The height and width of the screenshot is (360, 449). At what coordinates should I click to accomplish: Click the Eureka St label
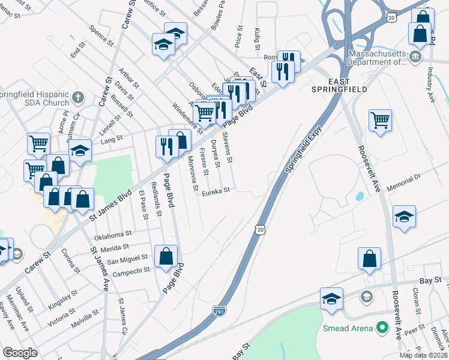[215, 191]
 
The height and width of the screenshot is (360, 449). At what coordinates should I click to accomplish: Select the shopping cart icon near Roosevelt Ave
[380, 120]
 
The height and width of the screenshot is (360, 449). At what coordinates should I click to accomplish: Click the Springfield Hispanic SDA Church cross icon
[77, 97]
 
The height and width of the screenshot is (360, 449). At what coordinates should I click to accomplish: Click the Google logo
[20, 352]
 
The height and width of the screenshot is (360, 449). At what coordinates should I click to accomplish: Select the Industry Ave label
[431, 84]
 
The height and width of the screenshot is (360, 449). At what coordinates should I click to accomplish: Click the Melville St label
[83, 315]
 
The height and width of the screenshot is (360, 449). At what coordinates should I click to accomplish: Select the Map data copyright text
[423, 355]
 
